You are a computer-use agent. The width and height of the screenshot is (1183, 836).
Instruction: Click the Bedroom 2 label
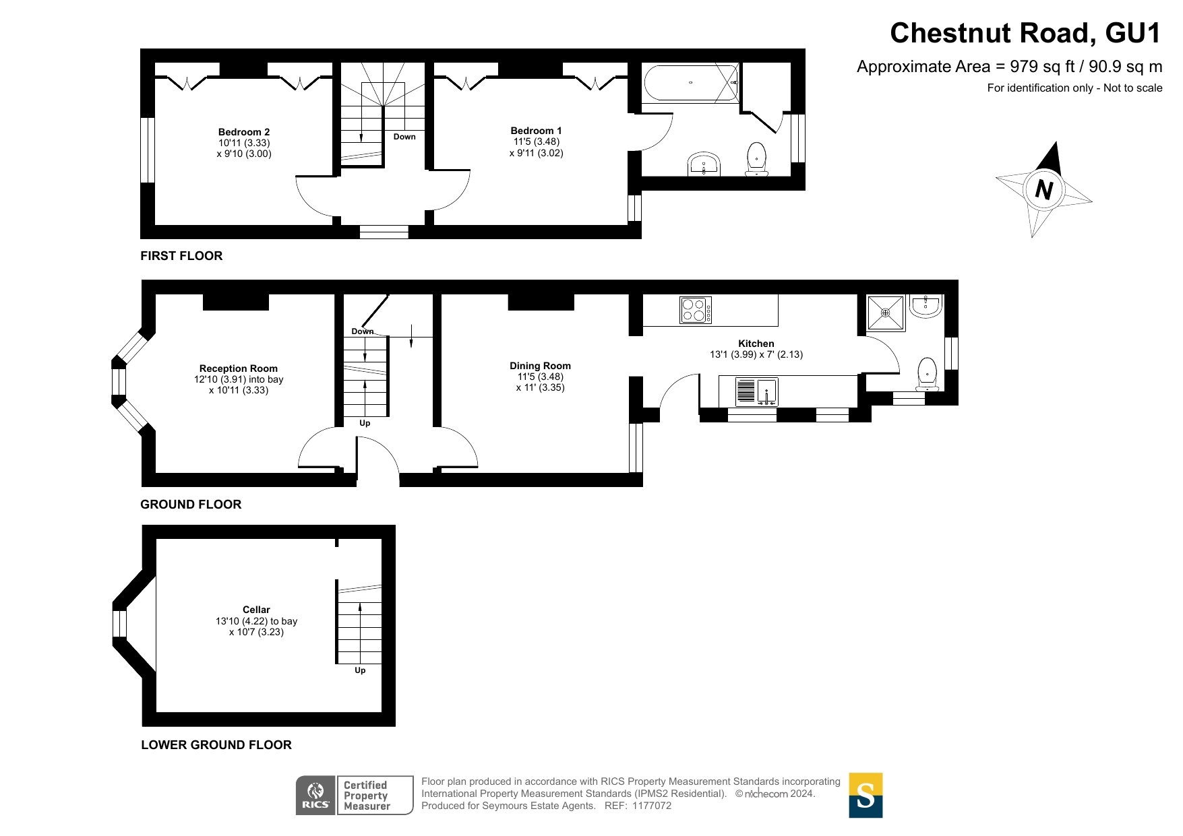[244, 132]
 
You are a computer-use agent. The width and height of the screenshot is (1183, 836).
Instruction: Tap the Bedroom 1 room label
[536, 131]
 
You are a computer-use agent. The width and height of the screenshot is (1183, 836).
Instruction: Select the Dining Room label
[540, 366]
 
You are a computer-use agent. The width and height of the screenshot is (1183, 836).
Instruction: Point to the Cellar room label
[256, 610]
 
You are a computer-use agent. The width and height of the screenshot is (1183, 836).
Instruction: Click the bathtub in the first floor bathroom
[690, 82]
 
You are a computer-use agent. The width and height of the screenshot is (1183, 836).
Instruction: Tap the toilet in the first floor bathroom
[757, 159]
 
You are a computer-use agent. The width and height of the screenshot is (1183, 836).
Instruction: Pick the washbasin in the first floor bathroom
[704, 164]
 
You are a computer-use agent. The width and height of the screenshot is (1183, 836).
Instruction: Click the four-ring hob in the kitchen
[696, 311]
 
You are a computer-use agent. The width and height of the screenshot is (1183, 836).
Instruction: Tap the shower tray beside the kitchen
[886, 313]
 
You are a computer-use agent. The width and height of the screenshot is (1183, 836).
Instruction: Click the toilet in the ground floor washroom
[928, 375]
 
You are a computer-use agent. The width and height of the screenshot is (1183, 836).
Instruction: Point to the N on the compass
[1043, 190]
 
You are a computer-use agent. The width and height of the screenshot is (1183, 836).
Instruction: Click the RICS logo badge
[315, 796]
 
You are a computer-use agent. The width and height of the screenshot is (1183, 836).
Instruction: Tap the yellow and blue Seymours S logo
[866, 795]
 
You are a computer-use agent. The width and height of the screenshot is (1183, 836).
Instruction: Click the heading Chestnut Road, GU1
[1025, 33]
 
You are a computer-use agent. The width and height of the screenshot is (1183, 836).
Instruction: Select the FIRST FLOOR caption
[181, 256]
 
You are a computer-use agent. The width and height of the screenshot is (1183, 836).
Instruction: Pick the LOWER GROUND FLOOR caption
[216, 745]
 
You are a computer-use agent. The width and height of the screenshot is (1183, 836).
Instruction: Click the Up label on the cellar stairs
[360, 670]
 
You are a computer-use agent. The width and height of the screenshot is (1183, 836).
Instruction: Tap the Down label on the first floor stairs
[404, 137]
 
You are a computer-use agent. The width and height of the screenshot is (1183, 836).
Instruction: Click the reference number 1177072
[651, 806]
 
